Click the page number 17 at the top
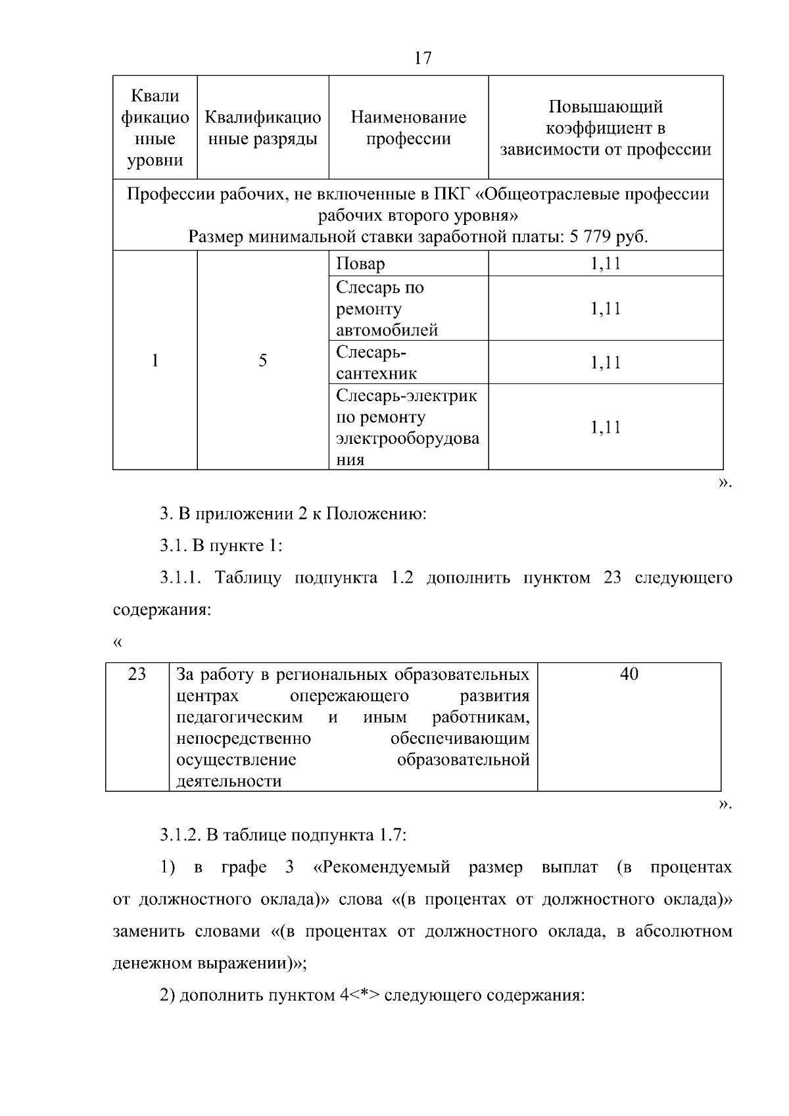coord(423,59)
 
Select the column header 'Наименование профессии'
coord(408,128)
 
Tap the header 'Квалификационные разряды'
coord(263,128)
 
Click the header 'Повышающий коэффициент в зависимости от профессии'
coord(606,128)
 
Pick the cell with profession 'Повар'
coord(361,264)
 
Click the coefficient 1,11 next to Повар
coord(606,264)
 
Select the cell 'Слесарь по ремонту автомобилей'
coord(387,308)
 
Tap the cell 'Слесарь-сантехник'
coord(377,363)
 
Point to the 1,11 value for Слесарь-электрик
coord(606,428)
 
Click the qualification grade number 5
coord(263,360)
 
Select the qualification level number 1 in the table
coord(155,360)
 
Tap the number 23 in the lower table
coord(137,675)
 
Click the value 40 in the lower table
coord(629,675)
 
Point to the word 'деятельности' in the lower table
coord(229,782)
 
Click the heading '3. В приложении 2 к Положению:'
coord(293,514)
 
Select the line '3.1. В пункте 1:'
coord(221,546)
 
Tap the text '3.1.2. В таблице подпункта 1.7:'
coord(283,836)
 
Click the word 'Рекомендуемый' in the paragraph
coord(382,868)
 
